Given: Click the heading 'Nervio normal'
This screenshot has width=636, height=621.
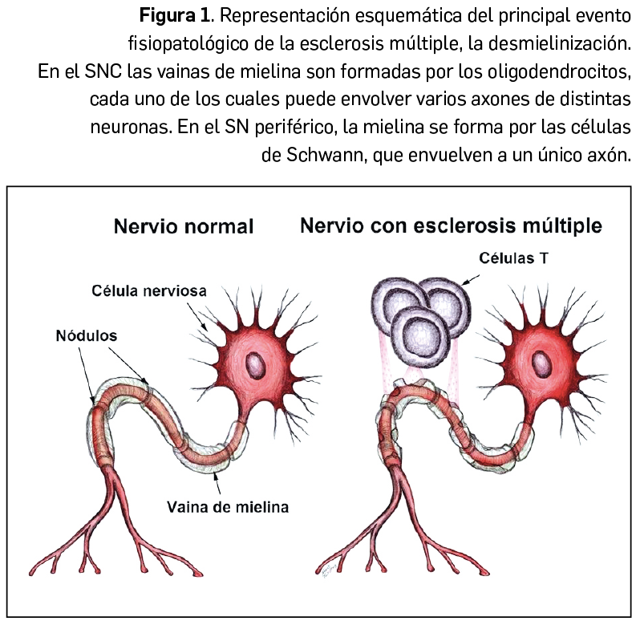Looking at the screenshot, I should [184, 226].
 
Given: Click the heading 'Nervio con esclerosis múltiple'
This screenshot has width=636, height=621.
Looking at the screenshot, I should [451, 225].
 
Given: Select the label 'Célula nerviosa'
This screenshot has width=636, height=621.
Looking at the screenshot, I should [157, 291].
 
